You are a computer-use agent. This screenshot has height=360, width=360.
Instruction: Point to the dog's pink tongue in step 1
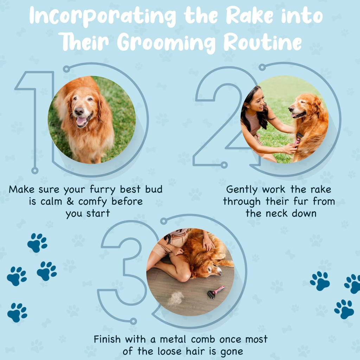[81, 121]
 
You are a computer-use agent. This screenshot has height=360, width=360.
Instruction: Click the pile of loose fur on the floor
[175, 298]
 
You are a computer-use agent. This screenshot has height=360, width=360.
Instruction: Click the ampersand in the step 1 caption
[70, 201]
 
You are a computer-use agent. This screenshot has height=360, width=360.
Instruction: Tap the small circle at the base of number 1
[35, 171]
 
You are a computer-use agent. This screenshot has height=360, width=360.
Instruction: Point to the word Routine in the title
[263, 42]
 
